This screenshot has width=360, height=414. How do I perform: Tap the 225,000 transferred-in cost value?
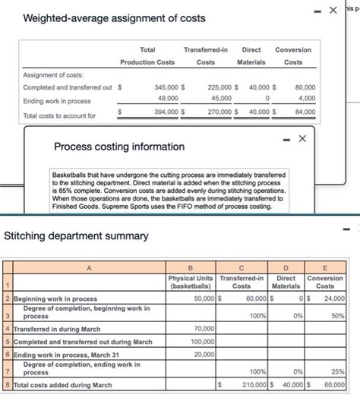click(220, 87)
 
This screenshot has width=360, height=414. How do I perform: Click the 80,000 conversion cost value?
click(305, 87)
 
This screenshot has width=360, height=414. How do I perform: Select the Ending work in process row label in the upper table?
click(58, 101)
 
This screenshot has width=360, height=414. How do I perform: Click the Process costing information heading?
click(119, 146)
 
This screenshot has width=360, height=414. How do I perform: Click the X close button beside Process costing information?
click(302, 138)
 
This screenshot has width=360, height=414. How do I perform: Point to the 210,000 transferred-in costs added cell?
click(249, 385)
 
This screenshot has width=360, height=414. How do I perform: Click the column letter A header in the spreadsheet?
click(88, 266)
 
